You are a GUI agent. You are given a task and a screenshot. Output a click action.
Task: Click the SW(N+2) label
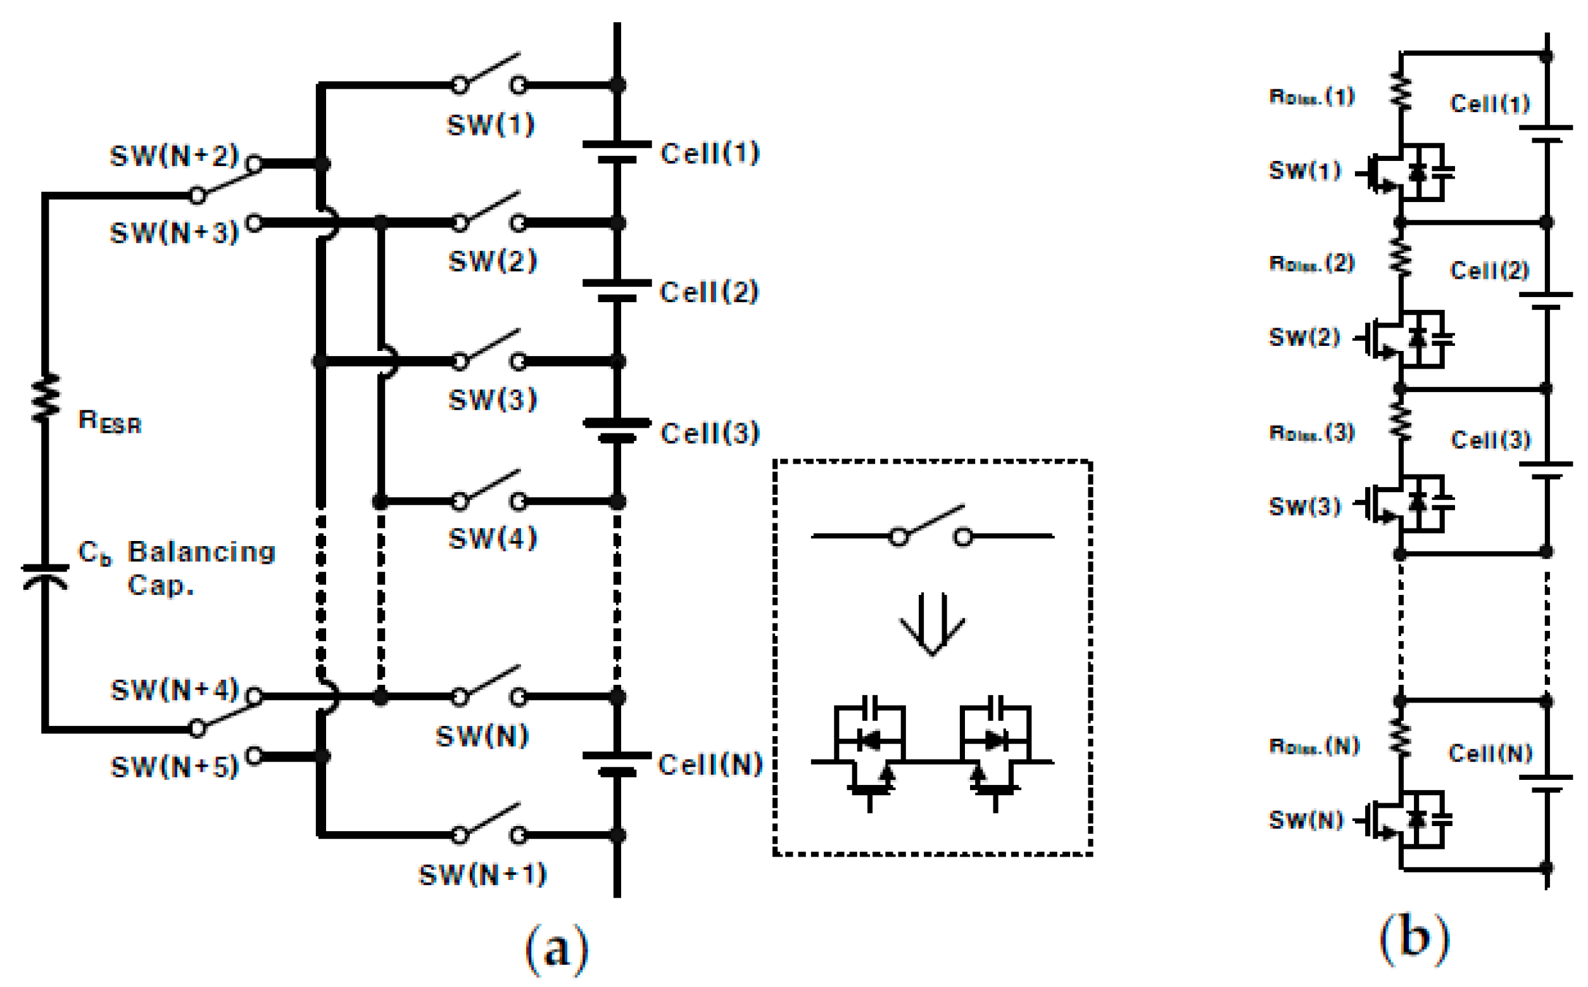tap(174, 156)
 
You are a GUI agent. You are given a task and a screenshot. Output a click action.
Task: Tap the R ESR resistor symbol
tap(46, 398)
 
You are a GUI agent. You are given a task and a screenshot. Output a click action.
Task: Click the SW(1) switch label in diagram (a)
tap(491, 125)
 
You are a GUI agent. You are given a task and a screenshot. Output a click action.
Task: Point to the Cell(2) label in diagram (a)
tap(709, 292)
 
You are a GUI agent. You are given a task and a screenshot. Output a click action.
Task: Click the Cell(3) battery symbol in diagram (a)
tap(617, 430)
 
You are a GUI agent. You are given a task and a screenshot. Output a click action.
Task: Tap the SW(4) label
tap(493, 538)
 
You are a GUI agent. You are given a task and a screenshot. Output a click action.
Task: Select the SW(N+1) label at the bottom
tap(482, 875)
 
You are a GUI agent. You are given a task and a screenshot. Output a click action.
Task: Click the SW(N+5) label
tap(174, 767)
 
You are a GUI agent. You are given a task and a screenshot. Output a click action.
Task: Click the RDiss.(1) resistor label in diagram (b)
tap(1311, 97)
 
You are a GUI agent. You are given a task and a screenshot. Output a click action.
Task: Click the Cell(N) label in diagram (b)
tap(1490, 753)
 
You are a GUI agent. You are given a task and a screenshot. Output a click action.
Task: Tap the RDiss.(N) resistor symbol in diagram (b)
tap(1400, 737)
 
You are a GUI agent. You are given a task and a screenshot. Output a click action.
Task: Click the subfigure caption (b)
tap(1414, 938)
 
